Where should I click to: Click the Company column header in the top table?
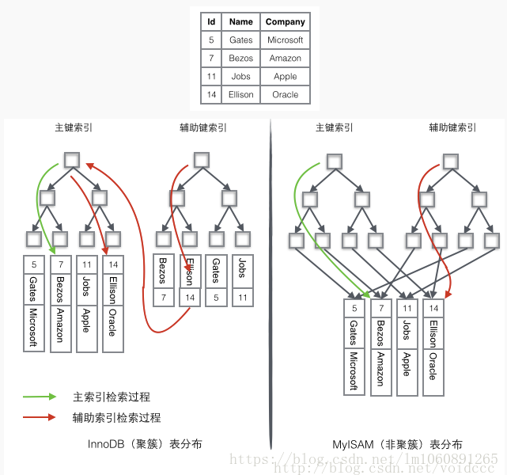[285, 21]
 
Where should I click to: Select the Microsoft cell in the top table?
[285, 40]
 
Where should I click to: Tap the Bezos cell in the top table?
[241, 58]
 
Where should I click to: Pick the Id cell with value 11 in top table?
[211, 76]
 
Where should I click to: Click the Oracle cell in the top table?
[285, 94]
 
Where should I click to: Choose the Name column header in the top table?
[241, 21]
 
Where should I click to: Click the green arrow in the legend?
[40, 397]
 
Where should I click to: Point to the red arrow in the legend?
[40, 416]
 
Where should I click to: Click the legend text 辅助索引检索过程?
[116, 417]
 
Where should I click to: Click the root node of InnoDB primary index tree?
[71, 160]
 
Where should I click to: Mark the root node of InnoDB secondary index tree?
[202, 160]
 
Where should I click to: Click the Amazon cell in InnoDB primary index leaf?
[60, 325]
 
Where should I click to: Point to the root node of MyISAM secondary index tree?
[451, 161]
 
